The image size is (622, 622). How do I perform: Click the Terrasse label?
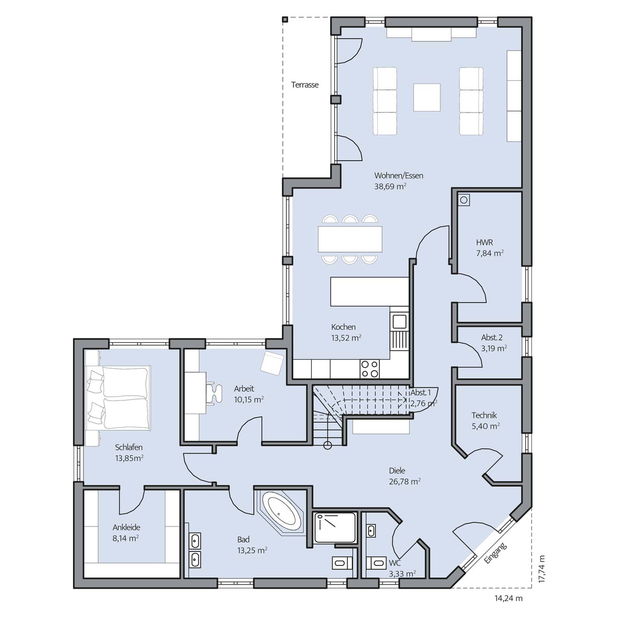coord(305,85)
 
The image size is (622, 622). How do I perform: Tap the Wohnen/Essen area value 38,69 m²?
coord(390,186)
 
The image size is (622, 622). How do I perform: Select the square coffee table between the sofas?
coord(427,97)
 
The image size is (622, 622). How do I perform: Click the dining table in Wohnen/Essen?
coord(350,239)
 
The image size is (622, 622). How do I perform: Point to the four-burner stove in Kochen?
coord(370,368)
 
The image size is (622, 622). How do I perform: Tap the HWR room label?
coord(484,242)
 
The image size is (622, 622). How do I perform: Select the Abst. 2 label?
coord(492,337)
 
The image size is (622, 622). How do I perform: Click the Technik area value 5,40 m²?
coord(486,426)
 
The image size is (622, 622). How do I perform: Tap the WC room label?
coord(394,563)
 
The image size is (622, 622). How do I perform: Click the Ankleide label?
coord(126,527)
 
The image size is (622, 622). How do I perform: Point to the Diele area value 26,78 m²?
coord(404,481)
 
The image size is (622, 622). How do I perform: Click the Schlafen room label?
coord(128,447)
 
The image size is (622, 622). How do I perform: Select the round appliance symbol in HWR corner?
coord(464,200)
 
